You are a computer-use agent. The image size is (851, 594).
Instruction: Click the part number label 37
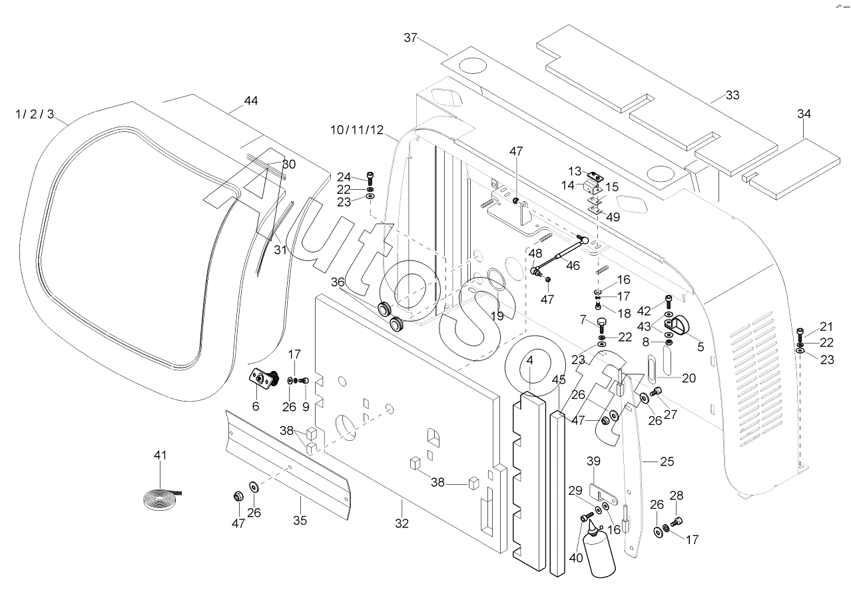click(x=410, y=38)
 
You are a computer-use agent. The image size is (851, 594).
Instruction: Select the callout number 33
click(x=732, y=95)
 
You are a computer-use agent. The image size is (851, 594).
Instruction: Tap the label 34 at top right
click(x=804, y=114)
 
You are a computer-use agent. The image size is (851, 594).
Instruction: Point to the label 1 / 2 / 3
click(x=35, y=114)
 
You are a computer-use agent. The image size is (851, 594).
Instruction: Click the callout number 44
click(x=250, y=101)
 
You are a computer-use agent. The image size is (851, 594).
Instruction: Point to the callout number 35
click(x=300, y=520)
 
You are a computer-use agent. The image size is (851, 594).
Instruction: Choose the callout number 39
click(x=593, y=461)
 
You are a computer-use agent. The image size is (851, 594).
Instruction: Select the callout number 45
click(x=559, y=380)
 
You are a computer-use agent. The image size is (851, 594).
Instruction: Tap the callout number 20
click(x=689, y=378)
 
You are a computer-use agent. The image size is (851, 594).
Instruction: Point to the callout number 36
click(x=338, y=282)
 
